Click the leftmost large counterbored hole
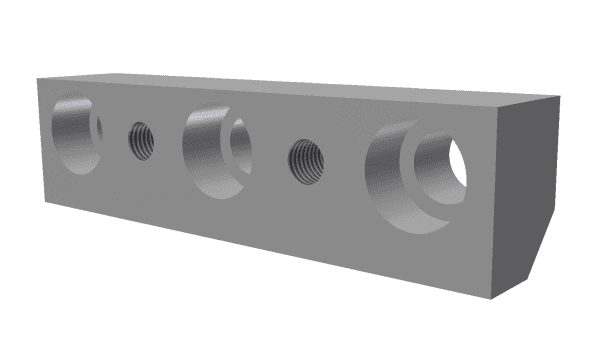pyautogui.click(x=74, y=132)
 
